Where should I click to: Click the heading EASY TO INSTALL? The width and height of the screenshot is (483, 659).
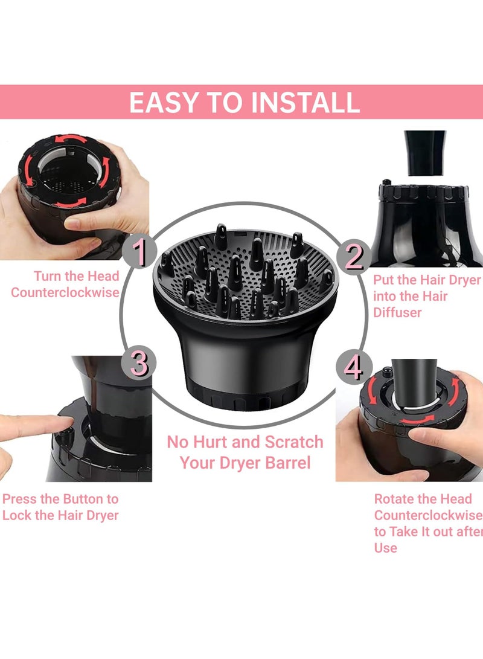[x=244, y=102]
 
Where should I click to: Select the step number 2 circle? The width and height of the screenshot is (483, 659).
[x=354, y=256]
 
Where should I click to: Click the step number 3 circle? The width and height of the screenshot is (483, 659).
[x=139, y=365]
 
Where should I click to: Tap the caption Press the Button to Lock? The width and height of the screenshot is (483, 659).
[x=60, y=507]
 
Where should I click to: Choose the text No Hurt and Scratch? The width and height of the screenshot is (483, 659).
[x=245, y=442]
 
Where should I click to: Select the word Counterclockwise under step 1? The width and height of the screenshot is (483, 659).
[x=65, y=292]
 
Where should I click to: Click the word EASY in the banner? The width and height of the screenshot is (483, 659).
[x=162, y=102]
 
